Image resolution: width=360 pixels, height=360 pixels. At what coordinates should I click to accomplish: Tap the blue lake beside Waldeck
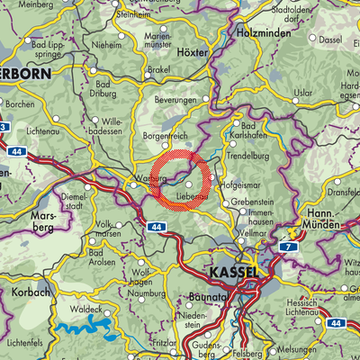[x=76, y=325]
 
